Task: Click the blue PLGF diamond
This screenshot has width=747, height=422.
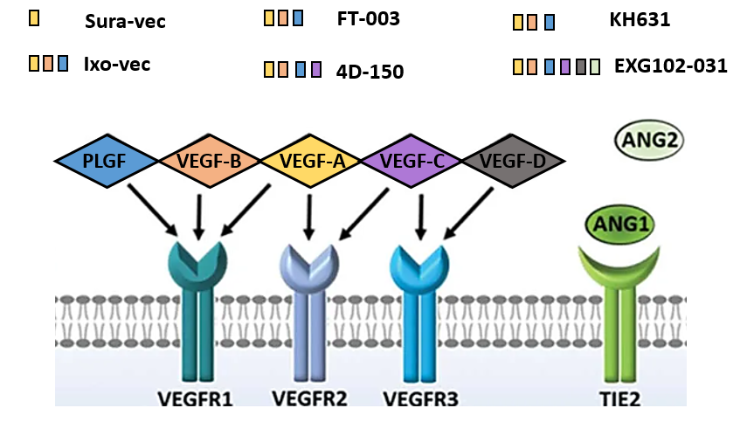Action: (x=106, y=161)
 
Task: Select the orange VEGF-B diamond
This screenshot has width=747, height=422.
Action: (x=209, y=161)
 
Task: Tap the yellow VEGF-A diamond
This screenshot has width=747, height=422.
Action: (x=311, y=161)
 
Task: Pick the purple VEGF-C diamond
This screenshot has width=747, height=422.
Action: (x=412, y=161)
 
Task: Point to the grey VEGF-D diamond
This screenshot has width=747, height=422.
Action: (x=513, y=161)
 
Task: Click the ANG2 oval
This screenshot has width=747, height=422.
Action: (x=649, y=140)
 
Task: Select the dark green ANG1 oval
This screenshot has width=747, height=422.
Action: (x=619, y=224)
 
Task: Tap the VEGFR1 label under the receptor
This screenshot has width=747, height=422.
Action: (x=196, y=399)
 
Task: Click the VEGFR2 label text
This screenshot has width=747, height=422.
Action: (x=309, y=398)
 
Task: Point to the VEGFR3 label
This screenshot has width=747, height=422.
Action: (x=421, y=399)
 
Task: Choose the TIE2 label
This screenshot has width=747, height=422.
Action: (x=619, y=399)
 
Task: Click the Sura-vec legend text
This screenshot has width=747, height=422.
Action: (x=125, y=22)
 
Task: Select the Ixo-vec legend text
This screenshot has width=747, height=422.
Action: (x=117, y=65)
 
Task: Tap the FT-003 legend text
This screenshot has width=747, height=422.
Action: (x=369, y=18)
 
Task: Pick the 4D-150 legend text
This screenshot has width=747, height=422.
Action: (x=370, y=72)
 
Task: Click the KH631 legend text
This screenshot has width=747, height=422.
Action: (x=640, y=19)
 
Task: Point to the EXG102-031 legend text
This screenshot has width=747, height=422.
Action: (x=671, y=66)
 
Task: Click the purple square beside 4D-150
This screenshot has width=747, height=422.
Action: (x=316, y=69)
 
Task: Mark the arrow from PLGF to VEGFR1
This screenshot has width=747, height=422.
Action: (x=153, y=210)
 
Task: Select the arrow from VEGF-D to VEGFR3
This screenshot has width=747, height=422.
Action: (x=467, y=213)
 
